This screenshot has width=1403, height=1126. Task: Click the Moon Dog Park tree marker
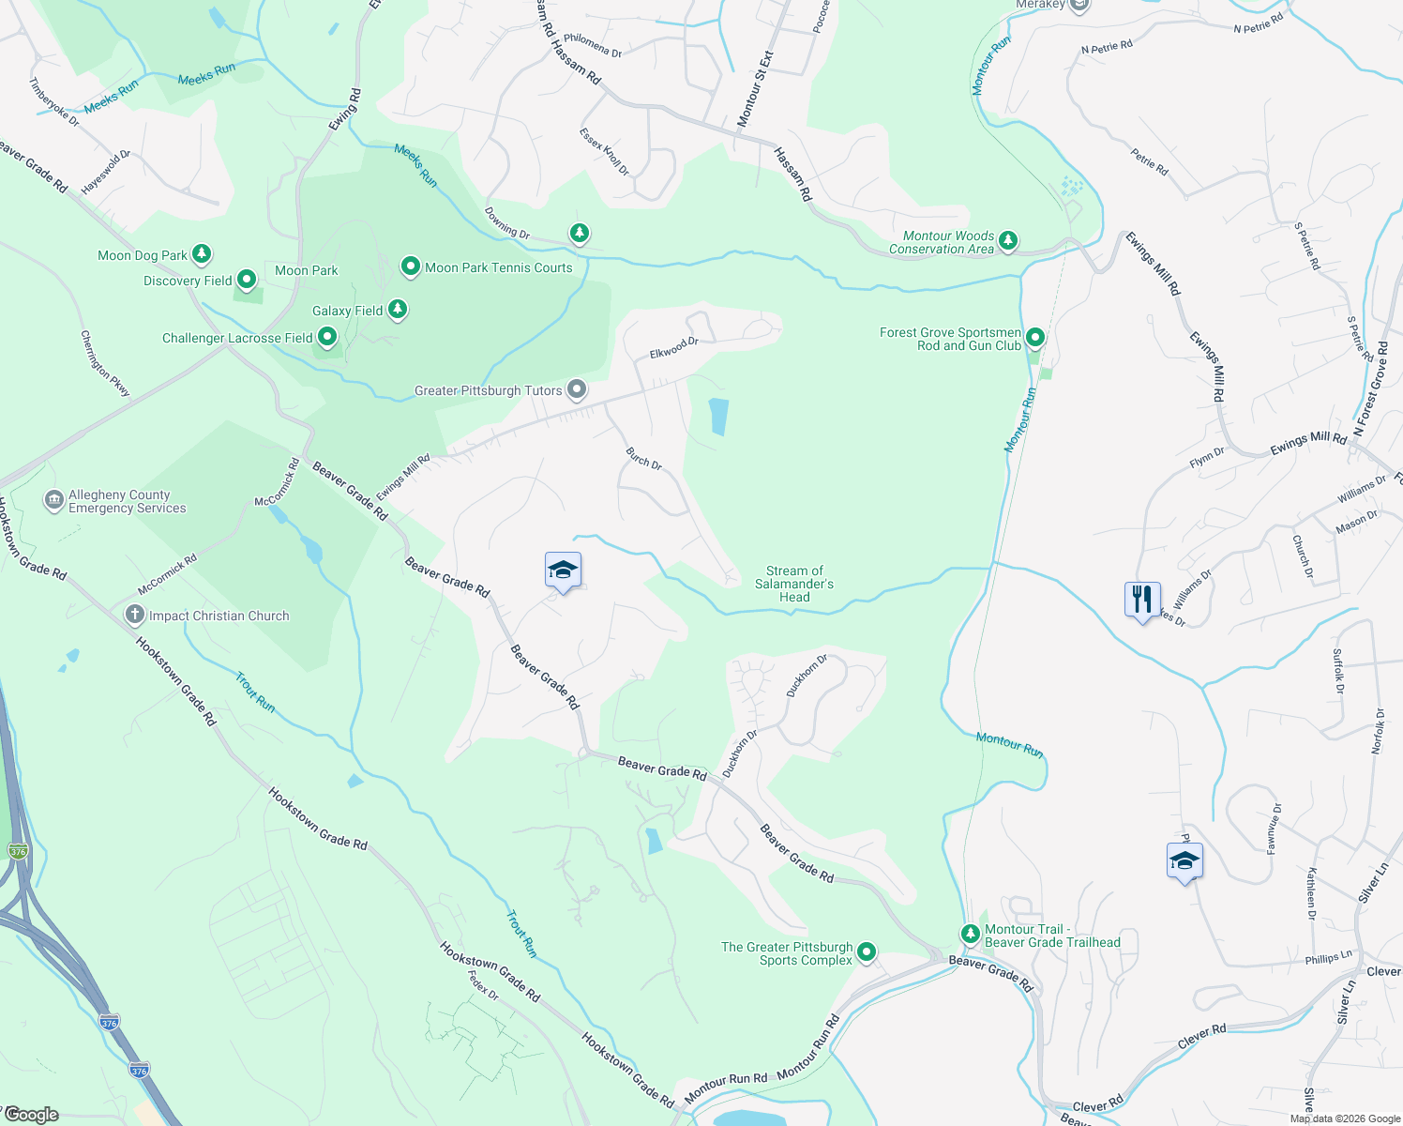pyautogui.click(x=202, y=254)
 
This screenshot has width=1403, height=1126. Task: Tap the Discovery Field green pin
pyautogui.click(x=247, y=280)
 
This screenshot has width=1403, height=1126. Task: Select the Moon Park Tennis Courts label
pyautogui.click(x=498, y=267)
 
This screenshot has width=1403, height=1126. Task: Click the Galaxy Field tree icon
pyautogui.click(x=398, y=309)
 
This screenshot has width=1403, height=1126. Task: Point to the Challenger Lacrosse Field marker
pyautogui.click(x=327, y=336)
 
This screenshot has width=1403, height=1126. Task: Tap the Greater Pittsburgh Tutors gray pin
pyautogui.click(x=577, y=388)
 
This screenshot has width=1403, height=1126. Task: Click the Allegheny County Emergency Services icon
pyautogui.click(x=54, y=500)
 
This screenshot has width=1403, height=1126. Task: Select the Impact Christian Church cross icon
pyautogui.click(x=134, y=615)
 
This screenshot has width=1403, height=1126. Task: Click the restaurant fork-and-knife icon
pyautogui.click(x=1142, y=599)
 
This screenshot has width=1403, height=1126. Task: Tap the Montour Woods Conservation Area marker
pyautogui.click(x=1008, y=240)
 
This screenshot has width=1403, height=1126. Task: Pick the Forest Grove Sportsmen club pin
pyautogui.click(x=1035, y=337)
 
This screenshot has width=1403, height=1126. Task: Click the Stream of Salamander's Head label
pyautogui.click(x=793, y=584)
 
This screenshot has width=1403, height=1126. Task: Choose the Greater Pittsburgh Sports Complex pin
pyautogui.click(x=867, y=952)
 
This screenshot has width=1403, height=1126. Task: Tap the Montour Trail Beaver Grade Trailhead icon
pyautogui.click(x=971, y=935)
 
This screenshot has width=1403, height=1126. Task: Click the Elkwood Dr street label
pyautogui.click(x=674, y=348)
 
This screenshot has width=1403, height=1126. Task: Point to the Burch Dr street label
pyautogui.click(x=644, y=459)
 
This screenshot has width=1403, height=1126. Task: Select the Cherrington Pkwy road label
pyautogui.click(x=105, y=363)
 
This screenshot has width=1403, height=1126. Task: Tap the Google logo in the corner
pyautogui.click(x=32, y=1115)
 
